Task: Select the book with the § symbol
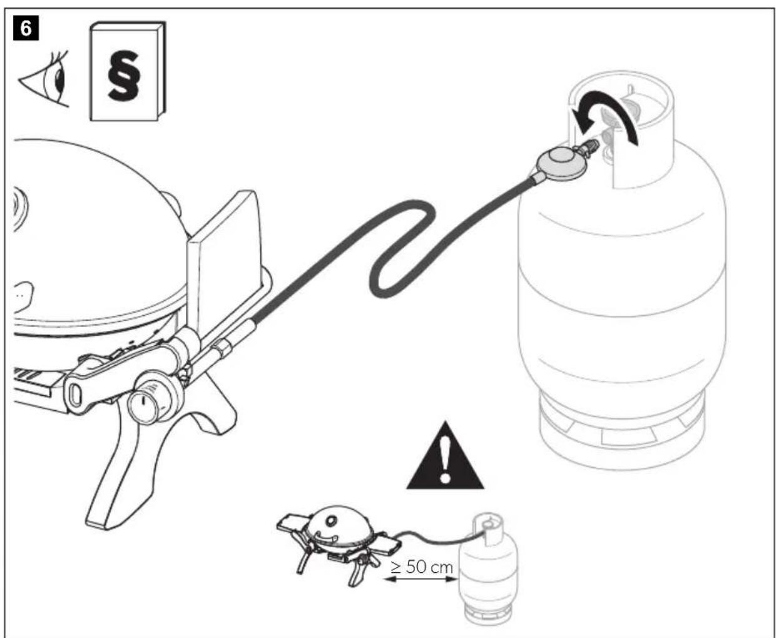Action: click(x=128, y=71)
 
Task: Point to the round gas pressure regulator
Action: click(x=561, y=161)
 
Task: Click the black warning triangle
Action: click(x=445, y=456)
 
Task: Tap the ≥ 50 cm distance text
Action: click(x=422, y=567)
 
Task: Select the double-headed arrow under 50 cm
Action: click(x=421, y=579)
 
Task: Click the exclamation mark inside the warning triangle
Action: click(x=445, y=460)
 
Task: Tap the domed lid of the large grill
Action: click(x=92, y=228)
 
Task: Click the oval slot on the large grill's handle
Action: click(x=75, y=395)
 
